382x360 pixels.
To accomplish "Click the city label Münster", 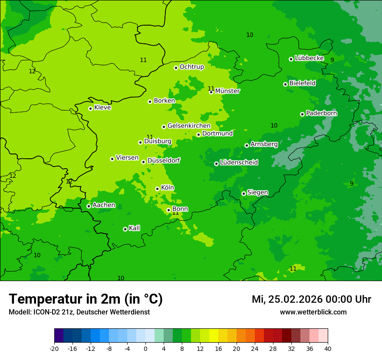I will tap(227, 91).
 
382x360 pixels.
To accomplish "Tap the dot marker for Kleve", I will tap(90, 108).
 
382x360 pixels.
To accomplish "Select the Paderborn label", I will tap(321, 113).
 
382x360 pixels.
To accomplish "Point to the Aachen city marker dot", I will tap(89, 206).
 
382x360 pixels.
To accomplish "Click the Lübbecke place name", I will tap(309, 58).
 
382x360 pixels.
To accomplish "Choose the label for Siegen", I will tap(257, 193).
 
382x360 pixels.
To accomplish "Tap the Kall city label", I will tap(135, 228).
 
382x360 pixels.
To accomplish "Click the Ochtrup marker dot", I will tap(176, 68).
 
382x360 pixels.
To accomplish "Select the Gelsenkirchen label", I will tap(189, 126).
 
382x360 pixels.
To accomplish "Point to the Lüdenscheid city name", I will tap(239, 163).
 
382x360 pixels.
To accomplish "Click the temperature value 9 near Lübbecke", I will tap(332, 60).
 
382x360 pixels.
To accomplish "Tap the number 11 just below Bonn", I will tap(175, 213).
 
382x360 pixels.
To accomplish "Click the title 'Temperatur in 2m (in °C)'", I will tap(86, 299).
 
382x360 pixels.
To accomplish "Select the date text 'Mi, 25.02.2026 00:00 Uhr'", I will tap(311, 299).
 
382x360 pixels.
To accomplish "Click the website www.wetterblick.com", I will tap(313, 312).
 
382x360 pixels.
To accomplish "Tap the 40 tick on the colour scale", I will tap(327, 349).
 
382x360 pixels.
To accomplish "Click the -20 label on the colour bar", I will tap(54, 349).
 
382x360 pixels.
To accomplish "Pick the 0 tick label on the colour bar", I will tap(145, 349).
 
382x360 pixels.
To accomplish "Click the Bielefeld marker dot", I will tap(285, 84).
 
